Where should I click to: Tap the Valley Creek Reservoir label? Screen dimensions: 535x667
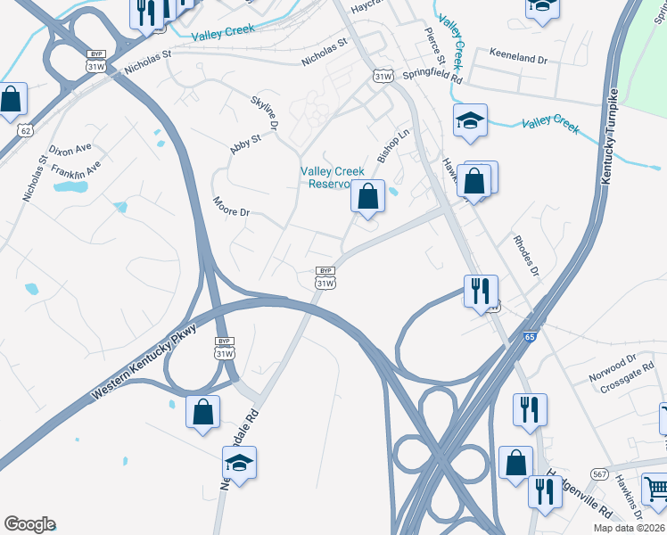pos(331,177)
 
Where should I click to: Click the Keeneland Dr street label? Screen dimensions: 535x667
pos(518,58)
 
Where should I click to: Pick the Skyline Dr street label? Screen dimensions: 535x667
pos(265,114)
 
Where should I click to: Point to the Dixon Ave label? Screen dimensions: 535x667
pos(70,149)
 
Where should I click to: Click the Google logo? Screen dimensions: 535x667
pos(29,523)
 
